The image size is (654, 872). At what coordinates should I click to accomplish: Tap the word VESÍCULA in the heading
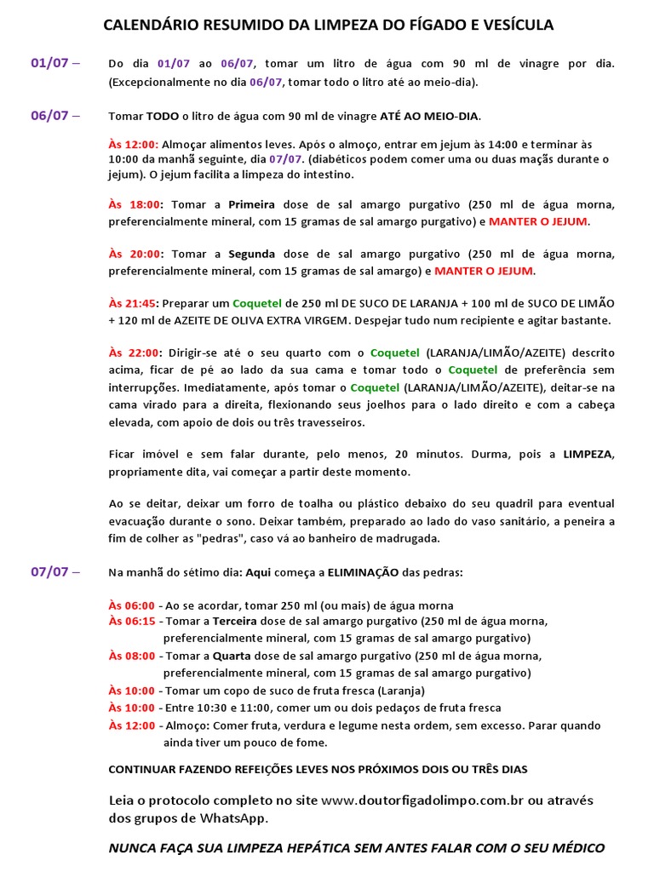[519, 26]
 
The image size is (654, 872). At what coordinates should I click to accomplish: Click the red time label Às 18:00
[135, 204]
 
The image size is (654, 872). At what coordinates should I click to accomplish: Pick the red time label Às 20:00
[135, 254]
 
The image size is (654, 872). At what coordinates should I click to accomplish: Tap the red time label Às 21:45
[134, 303]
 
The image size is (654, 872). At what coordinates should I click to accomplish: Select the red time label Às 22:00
[135, 353]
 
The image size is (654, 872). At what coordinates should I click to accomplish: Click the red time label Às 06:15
[132, 622]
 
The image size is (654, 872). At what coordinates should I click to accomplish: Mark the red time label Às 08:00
[132, 656]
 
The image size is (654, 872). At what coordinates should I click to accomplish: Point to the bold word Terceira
[234, 622]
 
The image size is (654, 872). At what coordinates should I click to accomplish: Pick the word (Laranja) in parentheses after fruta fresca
[401, 691]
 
